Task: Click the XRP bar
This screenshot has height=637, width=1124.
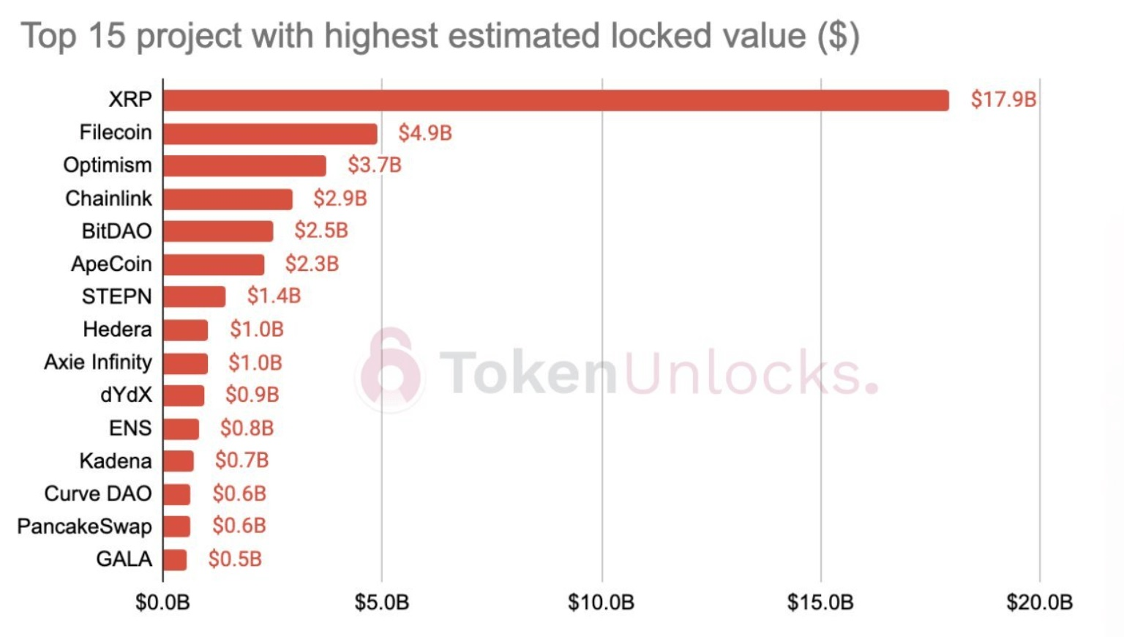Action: click(x=556, y=100)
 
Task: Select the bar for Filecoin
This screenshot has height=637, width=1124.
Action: click(x=270, y=133)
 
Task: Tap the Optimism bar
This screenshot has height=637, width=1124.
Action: click(x=244, y=166)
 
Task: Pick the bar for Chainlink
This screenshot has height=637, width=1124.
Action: click(x=228, y=199)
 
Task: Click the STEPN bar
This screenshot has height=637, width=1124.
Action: click(x=194, y=297)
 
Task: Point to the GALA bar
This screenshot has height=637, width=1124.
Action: click(x=175, y=560)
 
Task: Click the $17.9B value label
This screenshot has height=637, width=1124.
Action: click(x=1003, y=100)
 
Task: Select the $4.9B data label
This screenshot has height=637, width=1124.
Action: click(x=425, y=133)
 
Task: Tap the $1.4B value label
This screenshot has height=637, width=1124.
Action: click(x=274, y=296)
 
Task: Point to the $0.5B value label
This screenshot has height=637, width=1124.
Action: click(x=235, y=559)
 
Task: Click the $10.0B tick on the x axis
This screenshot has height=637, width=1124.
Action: click(x=602, y=603)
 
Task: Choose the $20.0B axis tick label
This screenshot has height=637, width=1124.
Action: click(x=1039, y=603)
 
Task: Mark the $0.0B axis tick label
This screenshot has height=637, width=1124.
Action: click(x=162, y=603)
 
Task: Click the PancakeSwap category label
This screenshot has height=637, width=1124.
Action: click(x=84, y=526)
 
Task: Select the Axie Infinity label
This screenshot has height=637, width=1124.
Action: click(x=98, y=362)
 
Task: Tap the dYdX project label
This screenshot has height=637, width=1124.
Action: click(x=126, y=395)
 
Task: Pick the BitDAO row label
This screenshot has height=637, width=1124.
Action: click(x=117, y=231)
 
